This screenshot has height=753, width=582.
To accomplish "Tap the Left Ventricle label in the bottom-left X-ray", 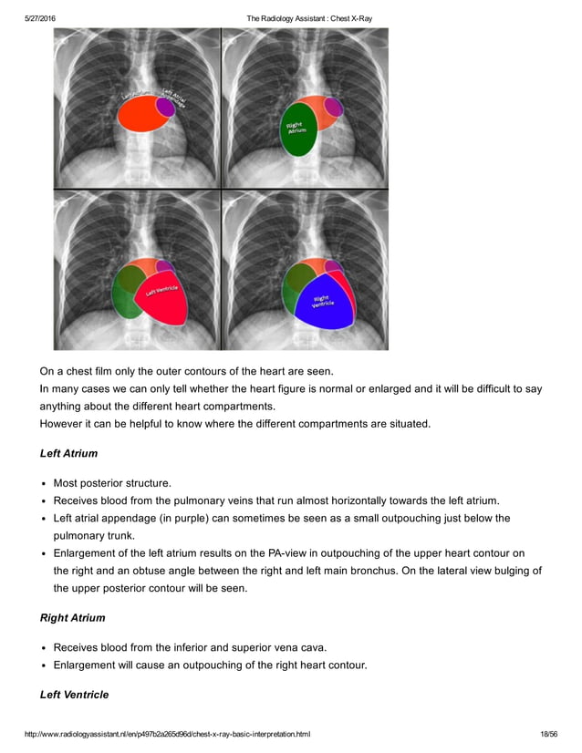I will click(158, 292).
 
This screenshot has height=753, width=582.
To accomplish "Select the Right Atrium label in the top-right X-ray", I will click(296, 129).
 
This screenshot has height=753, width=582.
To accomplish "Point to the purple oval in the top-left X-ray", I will click(165, 106).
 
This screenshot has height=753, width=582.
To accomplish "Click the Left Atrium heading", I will click(68, 453).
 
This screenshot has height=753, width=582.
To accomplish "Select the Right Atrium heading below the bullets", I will click(72, 618).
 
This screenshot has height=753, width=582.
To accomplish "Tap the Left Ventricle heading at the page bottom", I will click(74, 695).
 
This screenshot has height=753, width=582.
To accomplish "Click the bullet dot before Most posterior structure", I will click(45, 483).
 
